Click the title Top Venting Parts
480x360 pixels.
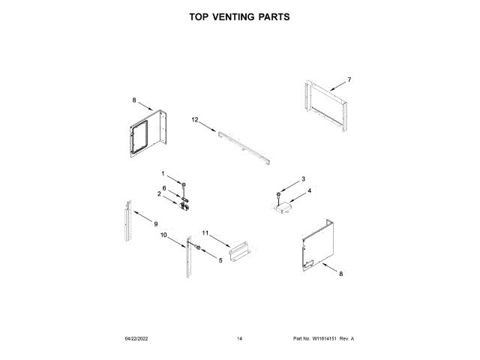point(240,16)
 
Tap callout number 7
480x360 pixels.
point(349,79)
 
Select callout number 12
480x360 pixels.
point(193,120)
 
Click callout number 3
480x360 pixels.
point(302,179)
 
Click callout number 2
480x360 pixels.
point(159,194)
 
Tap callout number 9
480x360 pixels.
point(156,224)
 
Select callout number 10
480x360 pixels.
point(163,235)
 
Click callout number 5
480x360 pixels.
point(220,260)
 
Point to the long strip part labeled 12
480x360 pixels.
point(244,146)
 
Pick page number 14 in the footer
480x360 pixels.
point(239,339)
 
